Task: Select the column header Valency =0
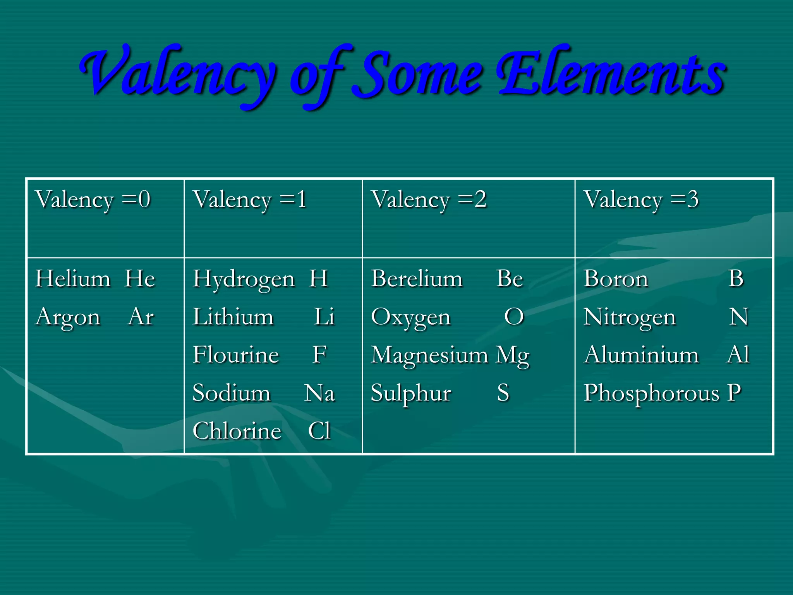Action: tap(93, 200)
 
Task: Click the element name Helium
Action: tap(73, 279)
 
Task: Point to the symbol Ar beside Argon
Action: tap(141, 317)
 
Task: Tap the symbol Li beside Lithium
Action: tap(324, 317)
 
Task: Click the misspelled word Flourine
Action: tap(236, 355)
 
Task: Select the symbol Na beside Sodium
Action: tap(319, 393)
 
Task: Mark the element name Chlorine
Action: tap(237, 431)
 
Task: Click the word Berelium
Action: tap(417, 279)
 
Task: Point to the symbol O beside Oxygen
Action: tap(514, 317)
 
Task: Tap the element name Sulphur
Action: tap(411, 394)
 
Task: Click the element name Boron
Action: tap(616, 279)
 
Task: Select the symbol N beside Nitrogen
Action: tap(738, 317)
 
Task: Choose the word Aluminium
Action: tap(641, 355)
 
